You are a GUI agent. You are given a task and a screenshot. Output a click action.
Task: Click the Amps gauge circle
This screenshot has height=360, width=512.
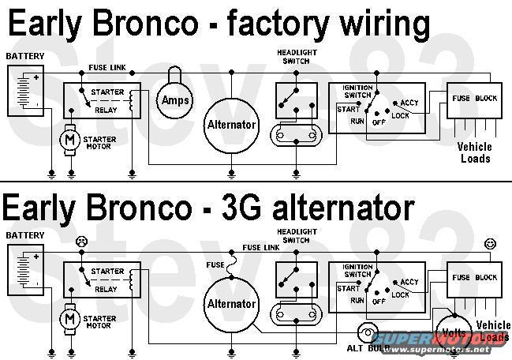coord(178,100)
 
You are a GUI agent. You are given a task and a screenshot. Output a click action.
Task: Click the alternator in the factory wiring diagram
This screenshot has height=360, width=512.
coord(231,125)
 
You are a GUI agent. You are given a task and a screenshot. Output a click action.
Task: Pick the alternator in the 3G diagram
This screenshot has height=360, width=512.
coord(231,304)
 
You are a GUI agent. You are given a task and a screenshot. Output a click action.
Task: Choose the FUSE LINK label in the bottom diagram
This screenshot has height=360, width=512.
coord(262,247)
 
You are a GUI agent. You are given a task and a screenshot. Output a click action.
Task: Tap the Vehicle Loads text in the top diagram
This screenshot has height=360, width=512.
coord(475,152)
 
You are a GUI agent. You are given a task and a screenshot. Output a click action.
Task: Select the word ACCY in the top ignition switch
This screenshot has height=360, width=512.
coord(409,103)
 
